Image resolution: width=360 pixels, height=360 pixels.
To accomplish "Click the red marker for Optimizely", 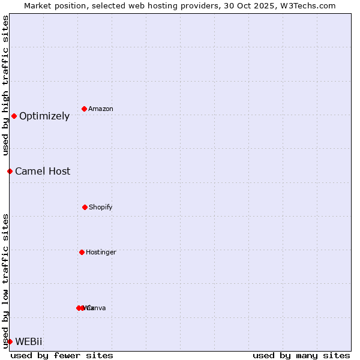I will [x=14, y=116].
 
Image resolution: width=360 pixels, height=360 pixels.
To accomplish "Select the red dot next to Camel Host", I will [x=10, y=171].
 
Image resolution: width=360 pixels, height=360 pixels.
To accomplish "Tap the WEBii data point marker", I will [x=10, y=341].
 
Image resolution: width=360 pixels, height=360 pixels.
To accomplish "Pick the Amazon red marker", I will [x=85, y=109].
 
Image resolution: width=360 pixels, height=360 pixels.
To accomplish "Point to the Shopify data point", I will [x=85, y=207].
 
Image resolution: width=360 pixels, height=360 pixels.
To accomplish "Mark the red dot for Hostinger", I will [x=82, y=252].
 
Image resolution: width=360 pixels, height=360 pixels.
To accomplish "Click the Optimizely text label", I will [x=44, y=116].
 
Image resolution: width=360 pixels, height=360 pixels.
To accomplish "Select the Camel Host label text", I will [x=43, y=172].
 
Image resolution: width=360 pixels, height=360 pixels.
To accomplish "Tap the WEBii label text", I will [x=29, y=342].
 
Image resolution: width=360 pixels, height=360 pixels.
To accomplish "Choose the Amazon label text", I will [x=101, y=109].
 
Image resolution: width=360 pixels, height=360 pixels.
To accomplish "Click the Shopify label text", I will [x=101, y=208].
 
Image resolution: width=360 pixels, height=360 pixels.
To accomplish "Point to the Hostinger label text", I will [x=101, y=253].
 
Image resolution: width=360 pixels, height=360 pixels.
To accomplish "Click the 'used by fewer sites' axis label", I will [x=62, y=355].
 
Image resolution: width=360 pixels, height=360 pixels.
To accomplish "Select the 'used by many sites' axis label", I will [x=301, y=355].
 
